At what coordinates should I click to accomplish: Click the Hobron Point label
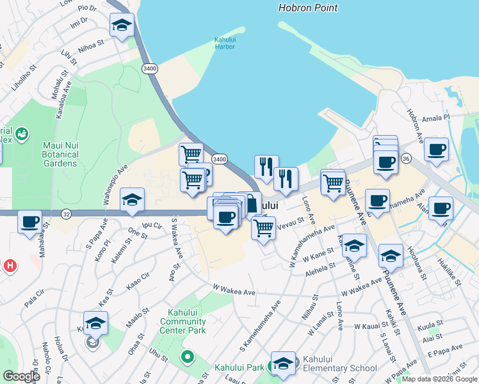[x=308, y=8]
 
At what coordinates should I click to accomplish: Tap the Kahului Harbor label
[x=225, y=43]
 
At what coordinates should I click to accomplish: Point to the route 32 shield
[x=67, y=213]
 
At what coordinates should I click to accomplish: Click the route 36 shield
[x=406, y=157]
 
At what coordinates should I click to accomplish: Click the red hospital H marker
[x=10, y=265]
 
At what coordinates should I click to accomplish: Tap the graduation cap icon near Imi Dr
[x=122, y=26]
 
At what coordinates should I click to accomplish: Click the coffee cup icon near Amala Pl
[x=436, y=150]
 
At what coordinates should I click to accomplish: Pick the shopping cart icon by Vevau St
[x=263, y=228]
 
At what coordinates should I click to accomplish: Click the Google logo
[x=21, y=376]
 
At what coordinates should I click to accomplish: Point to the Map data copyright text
[x=439, y=379]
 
